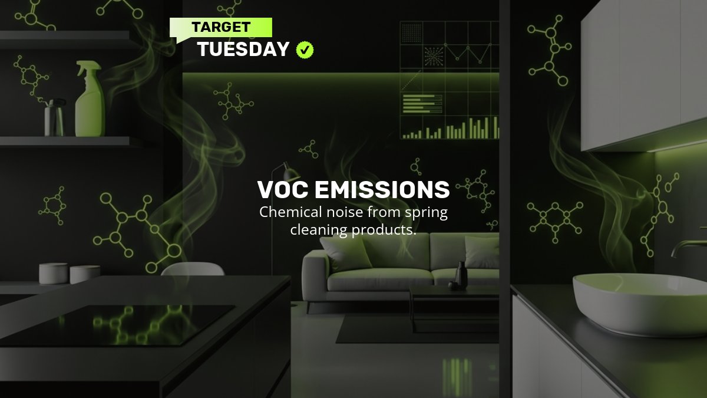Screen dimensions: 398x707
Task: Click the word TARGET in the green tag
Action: [x=221, y=27]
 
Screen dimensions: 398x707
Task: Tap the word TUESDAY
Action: [x=243, y=50]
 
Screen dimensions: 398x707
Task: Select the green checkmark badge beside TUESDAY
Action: [x=305, y=50]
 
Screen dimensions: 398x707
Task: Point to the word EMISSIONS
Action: [x=382, y=190]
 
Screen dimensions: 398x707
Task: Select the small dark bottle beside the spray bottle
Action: [x=54, y=117]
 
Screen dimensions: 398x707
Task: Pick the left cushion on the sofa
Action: [x=345, y=254]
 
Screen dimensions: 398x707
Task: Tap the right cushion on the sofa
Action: [x=481, y=252]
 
